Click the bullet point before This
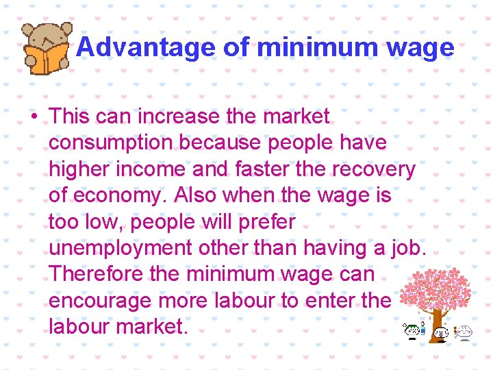34,116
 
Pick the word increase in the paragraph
179,116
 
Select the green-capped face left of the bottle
411,330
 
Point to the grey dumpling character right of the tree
465,333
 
